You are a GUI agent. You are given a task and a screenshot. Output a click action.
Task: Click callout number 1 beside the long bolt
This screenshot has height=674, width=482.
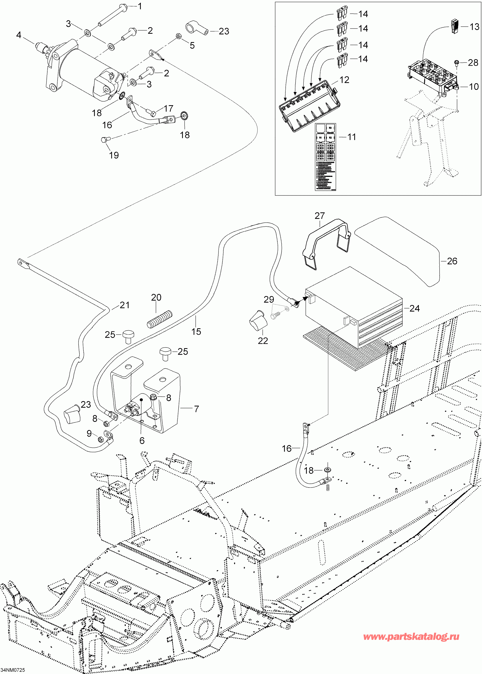point(140,6)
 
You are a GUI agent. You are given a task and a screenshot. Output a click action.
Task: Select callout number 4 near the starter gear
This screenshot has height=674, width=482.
point(19,35)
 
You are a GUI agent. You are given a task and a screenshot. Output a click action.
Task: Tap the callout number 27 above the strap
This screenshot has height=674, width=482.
point(320,216)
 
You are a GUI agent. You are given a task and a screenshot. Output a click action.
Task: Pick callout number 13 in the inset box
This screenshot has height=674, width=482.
point(474,27)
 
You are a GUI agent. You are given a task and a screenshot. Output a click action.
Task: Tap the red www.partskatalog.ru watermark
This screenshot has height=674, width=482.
point(411,636)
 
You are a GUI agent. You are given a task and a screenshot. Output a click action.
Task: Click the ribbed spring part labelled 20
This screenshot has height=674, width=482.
point(160,319)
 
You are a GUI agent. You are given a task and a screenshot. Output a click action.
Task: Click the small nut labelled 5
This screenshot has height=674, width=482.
point(179,36)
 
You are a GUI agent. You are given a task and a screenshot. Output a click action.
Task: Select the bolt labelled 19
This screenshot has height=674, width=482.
point(105,139)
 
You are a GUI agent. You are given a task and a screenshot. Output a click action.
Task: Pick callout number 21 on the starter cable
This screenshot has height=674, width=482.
point(125,305)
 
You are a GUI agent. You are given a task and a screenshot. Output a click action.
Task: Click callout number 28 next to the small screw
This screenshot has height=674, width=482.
point(473,63)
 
